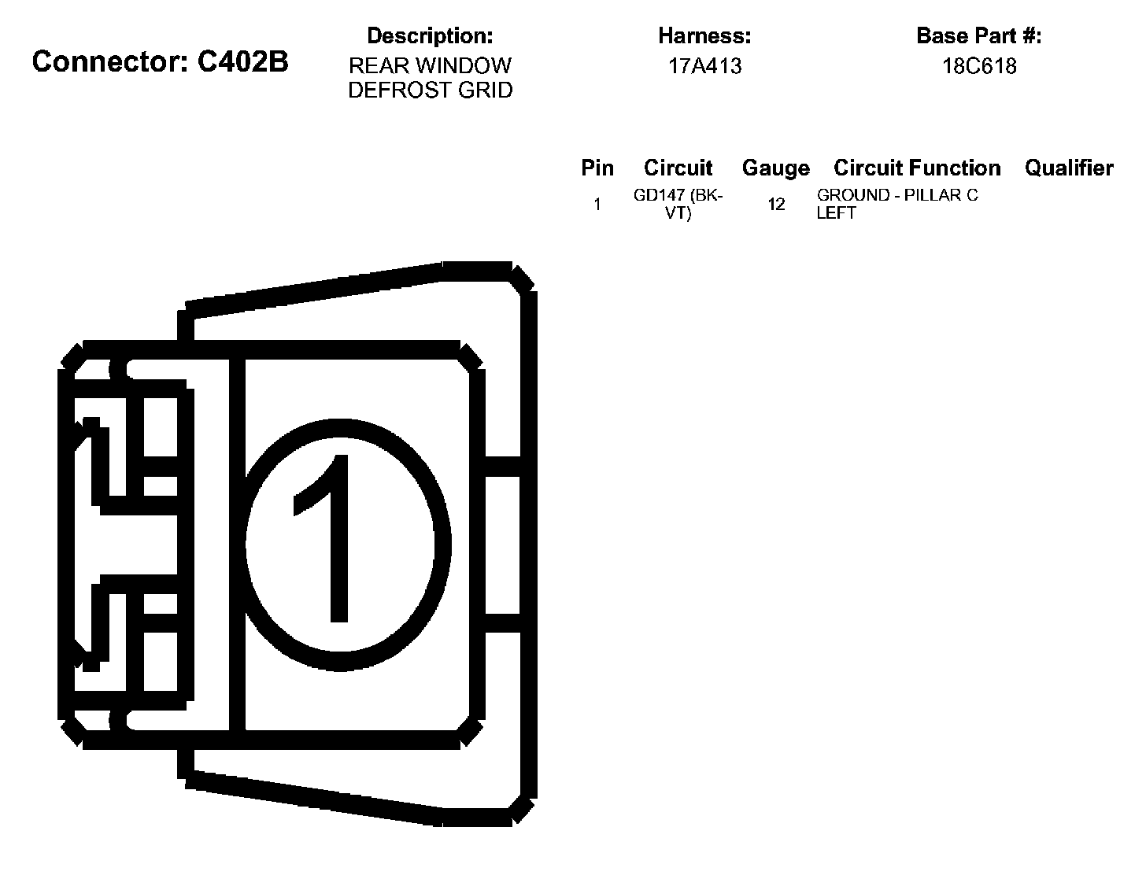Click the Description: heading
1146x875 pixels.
point(430,35)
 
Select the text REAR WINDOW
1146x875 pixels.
point(430,65)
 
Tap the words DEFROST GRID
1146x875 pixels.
point(430,90)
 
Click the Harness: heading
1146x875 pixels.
point(704,35)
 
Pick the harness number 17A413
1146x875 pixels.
point(704,66)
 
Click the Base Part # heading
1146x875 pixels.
point(979,35)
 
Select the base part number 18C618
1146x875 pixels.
point(979,66)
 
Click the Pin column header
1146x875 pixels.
point(597,168)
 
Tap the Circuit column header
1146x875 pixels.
point(678,168)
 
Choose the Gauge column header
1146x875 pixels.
point(775,168)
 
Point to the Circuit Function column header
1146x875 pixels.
point(917,168)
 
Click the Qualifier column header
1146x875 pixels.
point(1069,168)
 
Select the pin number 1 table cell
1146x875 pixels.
point(597,205)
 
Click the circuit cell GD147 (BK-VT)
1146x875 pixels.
point(678,204)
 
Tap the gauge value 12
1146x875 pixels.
point(776,205)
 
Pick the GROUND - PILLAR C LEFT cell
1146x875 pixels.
point(896,204)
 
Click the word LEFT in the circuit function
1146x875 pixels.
point(836,213)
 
